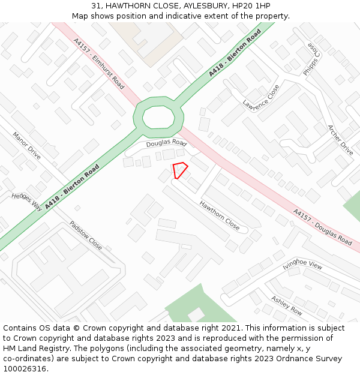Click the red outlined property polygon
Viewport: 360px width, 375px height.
(x=180, y=170)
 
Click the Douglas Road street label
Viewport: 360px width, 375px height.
(x=167, y=143)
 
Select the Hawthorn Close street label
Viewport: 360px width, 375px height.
(x=220, y=215)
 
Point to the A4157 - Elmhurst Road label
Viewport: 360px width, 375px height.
(x=98, y=64)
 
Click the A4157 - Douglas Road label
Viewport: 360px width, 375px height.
(x=322, y=227)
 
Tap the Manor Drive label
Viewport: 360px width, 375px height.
(x=26, y=145)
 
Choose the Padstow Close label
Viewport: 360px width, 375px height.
(x=85, y=235)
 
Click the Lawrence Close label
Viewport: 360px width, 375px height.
(x=261, y=97)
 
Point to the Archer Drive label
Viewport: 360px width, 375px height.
(x=340, y=140)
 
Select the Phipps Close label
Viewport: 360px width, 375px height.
(x=313, y=58)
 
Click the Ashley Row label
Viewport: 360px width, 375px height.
(x=286, y=305)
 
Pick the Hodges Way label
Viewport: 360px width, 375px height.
(x=26, y=201)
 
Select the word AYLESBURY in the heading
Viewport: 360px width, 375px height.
(x=193, y=6)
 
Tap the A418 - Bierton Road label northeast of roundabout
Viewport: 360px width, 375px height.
(x=235, y=53)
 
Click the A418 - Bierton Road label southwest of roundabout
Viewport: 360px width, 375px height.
(x=72, y=187)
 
